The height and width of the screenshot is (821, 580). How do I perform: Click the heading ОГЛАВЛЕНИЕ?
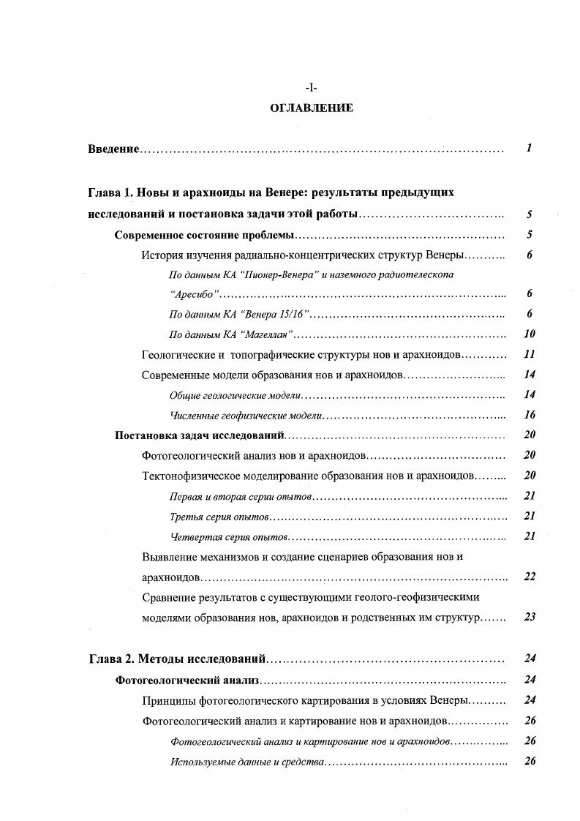point(312,108)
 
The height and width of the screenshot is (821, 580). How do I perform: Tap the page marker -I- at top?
point(312,88)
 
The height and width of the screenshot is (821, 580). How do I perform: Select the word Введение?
point(113,149)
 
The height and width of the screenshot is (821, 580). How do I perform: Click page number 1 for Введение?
point(528,149)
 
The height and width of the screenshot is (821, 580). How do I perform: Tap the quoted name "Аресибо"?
point(194,294)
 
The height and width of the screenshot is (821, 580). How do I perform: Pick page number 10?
point(530,334)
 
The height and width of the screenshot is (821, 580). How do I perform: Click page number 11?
point(530,354)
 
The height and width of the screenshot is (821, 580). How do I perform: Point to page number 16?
point(530,415)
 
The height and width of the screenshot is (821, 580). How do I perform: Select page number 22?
point(530,577)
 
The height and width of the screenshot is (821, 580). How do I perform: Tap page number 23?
point(530,617)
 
